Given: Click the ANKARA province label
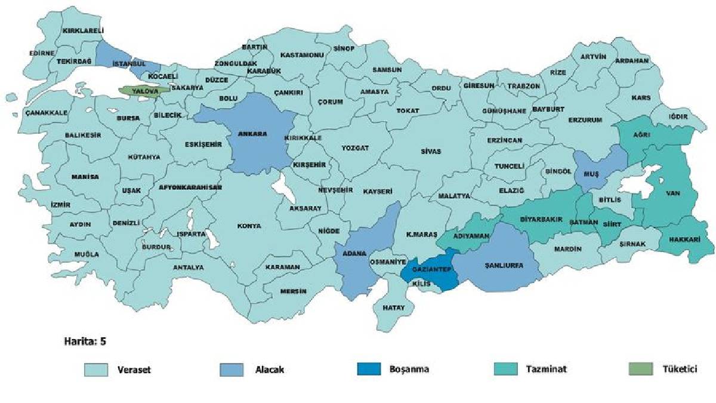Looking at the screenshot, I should pos(252,134).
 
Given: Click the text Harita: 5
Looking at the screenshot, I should pos(85,342).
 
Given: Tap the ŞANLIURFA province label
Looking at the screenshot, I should pos(504,266).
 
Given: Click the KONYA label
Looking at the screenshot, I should pos(249,226).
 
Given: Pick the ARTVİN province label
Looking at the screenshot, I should pos(593,57).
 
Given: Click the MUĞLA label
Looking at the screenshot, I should pos(87,254).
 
